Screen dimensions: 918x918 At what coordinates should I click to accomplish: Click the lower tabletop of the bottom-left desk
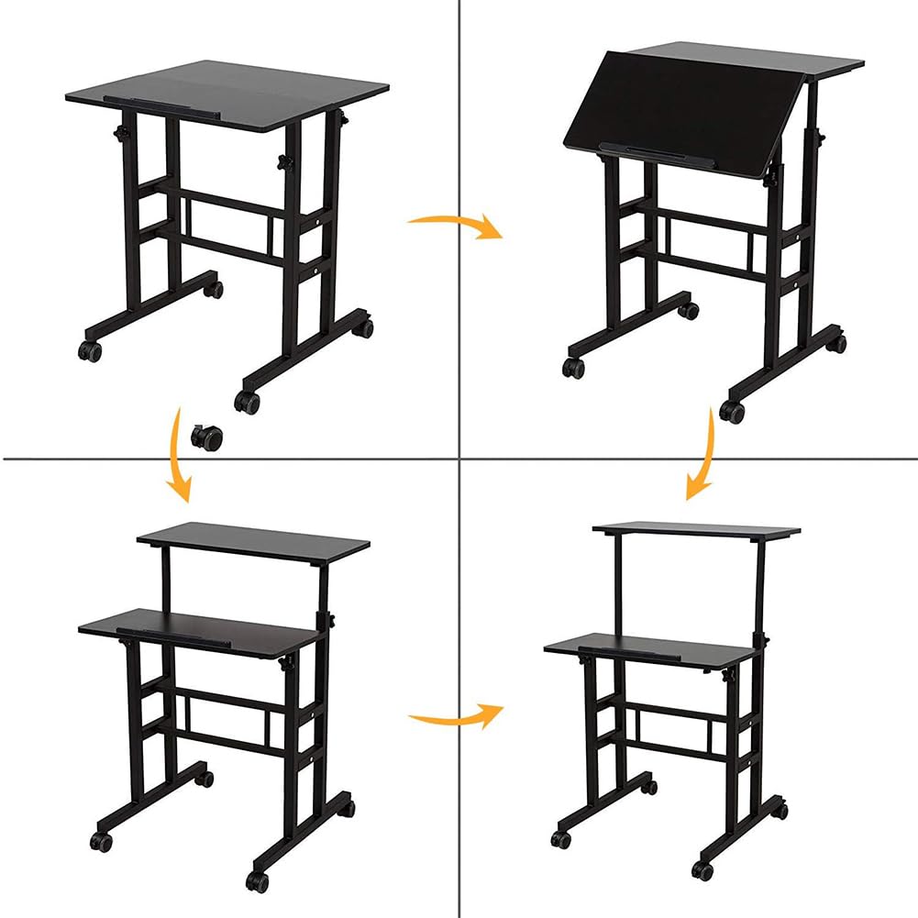[x=202, y=633]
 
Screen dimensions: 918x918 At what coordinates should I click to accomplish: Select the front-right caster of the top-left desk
[x=247, y=401]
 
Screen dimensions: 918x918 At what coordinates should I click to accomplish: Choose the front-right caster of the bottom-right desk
[x=703, y=868]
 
